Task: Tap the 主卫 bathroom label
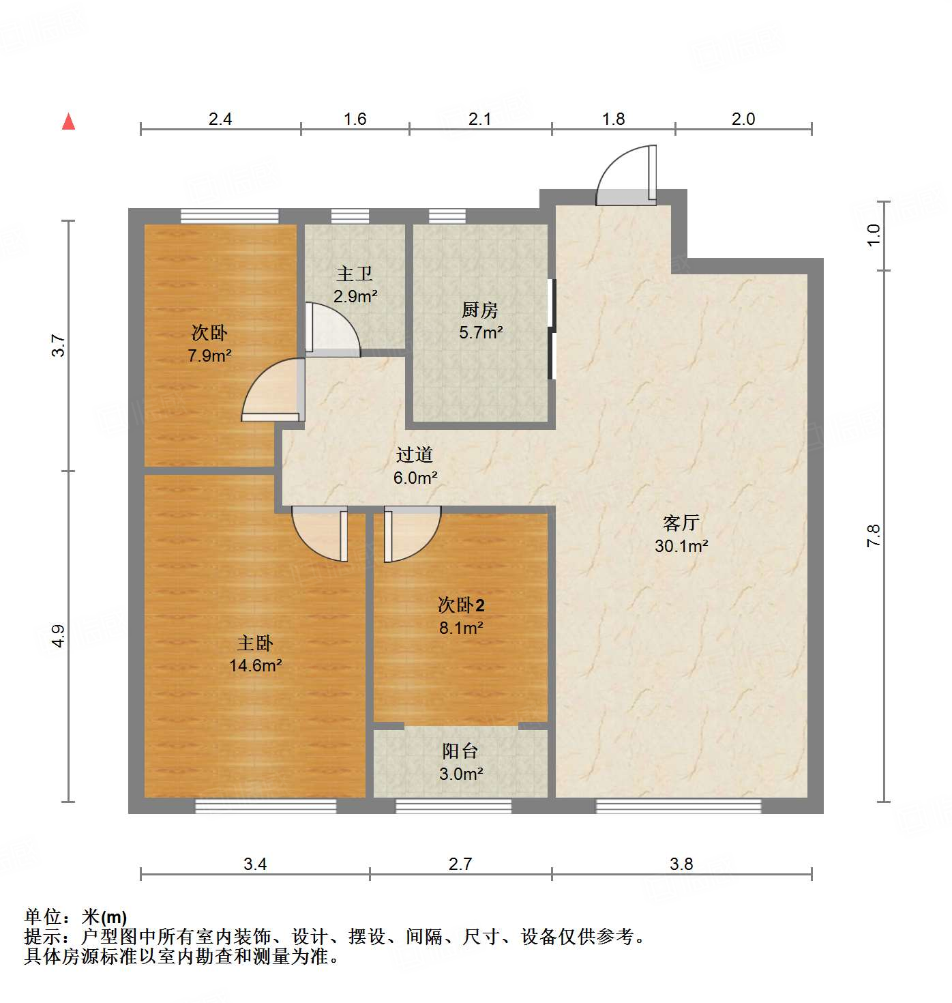(x=355, y=274)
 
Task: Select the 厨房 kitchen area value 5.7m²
(x=481, y=333)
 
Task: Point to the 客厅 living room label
(x=681, y=523)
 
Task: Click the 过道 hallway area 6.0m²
(x=415, y=478)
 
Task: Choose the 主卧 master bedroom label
(x=255, y=643)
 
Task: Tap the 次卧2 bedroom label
(x=461, y=605)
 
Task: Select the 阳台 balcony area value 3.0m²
(x=461, y=774)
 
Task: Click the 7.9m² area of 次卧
(x=209, y=355)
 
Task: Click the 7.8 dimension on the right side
(x=874, y=536)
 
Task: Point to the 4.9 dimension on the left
(x=59, y=636)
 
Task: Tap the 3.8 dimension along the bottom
(x=681, y=864)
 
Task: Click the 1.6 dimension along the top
(x=355, y=119)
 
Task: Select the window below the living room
(x=678, y=806)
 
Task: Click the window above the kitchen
(x=447, y=216)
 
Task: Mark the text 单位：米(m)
(x=76, y=917)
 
